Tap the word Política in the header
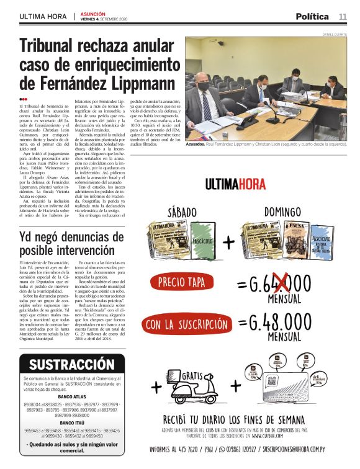(x=313, y=16)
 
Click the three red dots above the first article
(x=23, y=99)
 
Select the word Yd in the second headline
(x=29, y=234)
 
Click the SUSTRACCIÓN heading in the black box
(x=71, y=364)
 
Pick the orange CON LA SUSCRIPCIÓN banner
(x=186, y=324)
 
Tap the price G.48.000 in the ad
(x=281, y=323)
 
